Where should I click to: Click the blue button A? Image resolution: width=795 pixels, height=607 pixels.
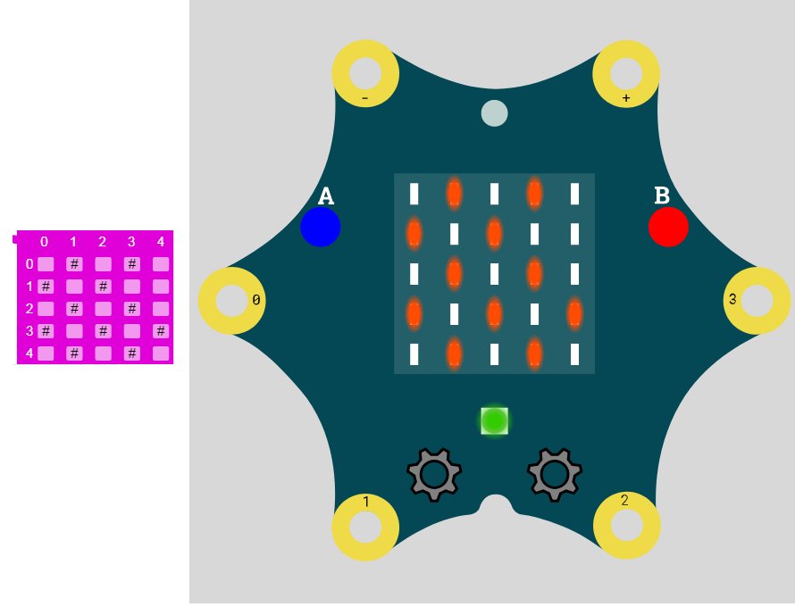click(320, 227)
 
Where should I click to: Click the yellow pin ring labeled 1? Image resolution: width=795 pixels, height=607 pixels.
click(365, 528)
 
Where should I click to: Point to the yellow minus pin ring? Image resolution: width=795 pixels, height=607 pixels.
click(365, 73)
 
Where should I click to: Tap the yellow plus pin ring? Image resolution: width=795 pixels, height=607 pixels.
click(626, 73)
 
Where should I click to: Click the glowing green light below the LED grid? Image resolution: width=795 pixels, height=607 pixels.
click(494, 420)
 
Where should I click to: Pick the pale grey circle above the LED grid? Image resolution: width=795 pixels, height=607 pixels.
click(494, 113)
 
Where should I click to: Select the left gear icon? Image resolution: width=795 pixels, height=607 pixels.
click(434, 475)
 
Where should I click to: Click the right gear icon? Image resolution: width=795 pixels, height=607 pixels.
click(555, 475)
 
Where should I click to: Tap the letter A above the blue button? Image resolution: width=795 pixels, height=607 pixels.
click(326, 196)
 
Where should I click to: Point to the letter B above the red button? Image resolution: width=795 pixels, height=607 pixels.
click(662, 195)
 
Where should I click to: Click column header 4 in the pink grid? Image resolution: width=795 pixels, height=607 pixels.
click(161, 242)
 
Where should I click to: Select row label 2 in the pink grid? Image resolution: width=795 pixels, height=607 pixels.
click(29, 309)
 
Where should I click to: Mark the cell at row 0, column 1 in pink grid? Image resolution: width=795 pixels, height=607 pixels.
click(74, 264)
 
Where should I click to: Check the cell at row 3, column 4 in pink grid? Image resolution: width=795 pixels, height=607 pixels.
click(161, 331)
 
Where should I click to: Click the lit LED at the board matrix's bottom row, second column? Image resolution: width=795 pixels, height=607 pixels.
click(454, 354)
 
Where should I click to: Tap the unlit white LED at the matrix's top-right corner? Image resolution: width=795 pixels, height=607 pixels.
click(574, 194)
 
